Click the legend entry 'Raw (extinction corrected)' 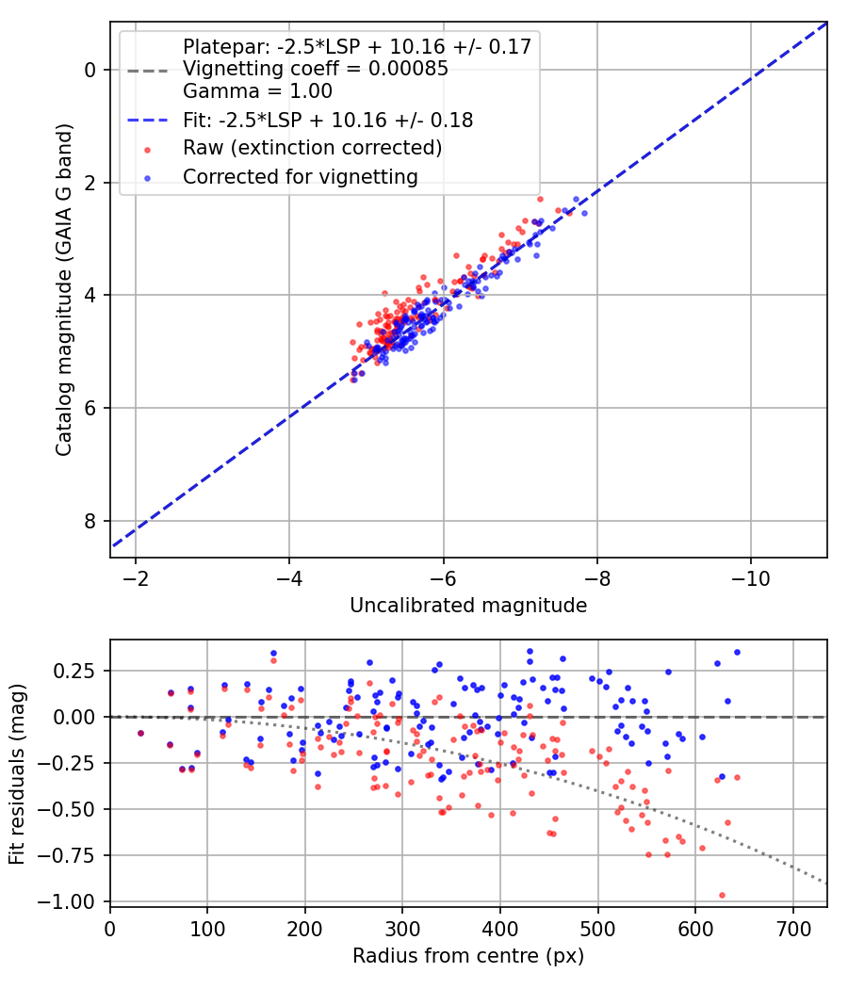coord(312,148)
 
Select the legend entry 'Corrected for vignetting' coord(300,176)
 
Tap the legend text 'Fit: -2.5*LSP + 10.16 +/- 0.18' coord(328,121)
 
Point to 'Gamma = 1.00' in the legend coord(257,91)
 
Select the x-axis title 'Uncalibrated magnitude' coord(468,606)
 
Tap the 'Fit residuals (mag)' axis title coord(17,771)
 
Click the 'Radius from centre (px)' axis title coord(468,956)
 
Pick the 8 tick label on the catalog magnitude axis coord(90,521)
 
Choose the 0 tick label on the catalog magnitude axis coord(90,70)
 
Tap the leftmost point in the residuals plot coord(140,733)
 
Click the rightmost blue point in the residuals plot coord(737,652)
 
